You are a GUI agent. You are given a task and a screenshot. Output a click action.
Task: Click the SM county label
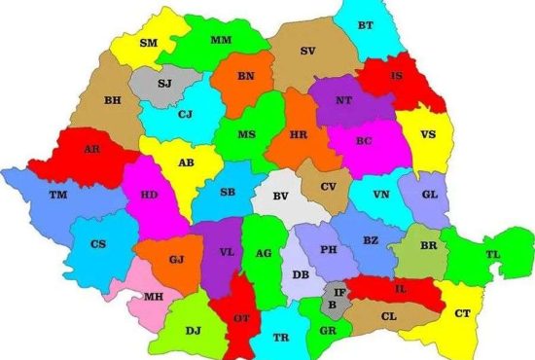tap(149, 44)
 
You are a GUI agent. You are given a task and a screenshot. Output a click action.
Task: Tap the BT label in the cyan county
tap(365, 25)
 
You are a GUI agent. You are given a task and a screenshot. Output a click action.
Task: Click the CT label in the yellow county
tap(462, 312)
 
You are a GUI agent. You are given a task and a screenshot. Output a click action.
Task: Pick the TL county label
tap(493, 254)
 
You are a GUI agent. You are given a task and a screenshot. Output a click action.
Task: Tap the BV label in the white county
tap(280, 198)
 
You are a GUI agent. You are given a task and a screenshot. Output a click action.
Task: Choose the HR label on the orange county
tap(300, 136)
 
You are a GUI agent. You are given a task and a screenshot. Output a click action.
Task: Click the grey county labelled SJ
tap(164, 84)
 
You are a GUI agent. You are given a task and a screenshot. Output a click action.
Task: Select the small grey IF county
tap(339, 292)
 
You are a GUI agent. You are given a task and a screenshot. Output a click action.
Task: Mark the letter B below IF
tap(333, 305)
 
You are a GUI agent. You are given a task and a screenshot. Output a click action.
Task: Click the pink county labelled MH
tap(154, 296)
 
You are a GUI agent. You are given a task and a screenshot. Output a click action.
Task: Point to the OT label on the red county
tap(241, 318)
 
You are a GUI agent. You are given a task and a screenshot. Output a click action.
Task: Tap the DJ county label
tap(194, 331)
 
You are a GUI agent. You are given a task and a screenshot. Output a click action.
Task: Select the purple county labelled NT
tap(343, 101)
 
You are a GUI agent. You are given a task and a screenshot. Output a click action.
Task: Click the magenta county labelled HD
tap(150, 195)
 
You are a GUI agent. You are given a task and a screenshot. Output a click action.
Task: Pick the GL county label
tap(429, 193)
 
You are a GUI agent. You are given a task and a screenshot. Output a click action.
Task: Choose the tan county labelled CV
tap(329, 187)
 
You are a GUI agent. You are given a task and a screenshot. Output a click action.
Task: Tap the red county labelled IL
tap(400, 288)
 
